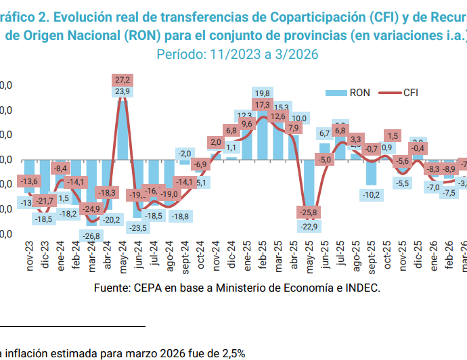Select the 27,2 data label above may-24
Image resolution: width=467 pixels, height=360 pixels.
tap(123, 79)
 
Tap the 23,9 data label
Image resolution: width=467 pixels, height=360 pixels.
tap(123, 91)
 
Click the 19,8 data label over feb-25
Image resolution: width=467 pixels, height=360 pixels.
tap(263, 93)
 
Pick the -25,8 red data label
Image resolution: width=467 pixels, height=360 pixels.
tap(308, 212)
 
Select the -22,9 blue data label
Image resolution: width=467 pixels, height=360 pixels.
tap(309, 226)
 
